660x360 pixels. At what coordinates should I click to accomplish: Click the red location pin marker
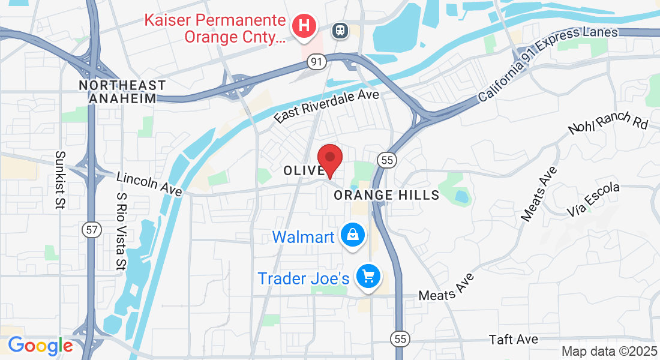pos(329,159)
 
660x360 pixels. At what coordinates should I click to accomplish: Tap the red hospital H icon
pos(304,26)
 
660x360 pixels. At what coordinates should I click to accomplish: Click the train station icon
pos(341,29)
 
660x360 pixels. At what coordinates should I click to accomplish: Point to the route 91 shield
pos(316,62)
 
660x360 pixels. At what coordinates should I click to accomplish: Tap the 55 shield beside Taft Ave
pos(400,339)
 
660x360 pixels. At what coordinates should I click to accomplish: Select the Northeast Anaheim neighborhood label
pos(122,92)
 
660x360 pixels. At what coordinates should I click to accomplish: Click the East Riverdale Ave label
pos(327,107)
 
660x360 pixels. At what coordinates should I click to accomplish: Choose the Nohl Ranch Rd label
pos(608,122)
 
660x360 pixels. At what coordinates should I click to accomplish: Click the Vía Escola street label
pos(593,200)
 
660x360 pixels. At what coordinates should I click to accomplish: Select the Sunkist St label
pos(60,180)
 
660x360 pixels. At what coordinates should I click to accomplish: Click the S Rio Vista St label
pos(121,230)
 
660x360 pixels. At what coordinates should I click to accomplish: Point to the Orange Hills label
pos(386,195)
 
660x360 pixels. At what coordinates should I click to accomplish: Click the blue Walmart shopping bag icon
pos(352,235)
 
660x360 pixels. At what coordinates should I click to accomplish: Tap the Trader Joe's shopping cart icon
pos(368,277)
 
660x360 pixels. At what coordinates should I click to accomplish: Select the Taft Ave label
pos(513,340)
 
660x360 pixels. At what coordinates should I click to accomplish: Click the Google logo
pos(40,346)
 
